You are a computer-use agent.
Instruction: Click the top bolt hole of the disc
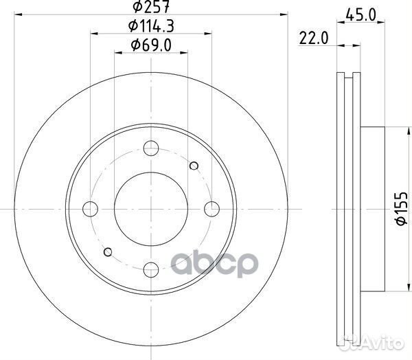(150, 147)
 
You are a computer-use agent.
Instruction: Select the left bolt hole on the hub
(90, 207)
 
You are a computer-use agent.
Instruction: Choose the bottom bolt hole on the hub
(150, 268)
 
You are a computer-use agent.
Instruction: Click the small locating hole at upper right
(194, 165)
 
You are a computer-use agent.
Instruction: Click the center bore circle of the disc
(150, 207)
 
